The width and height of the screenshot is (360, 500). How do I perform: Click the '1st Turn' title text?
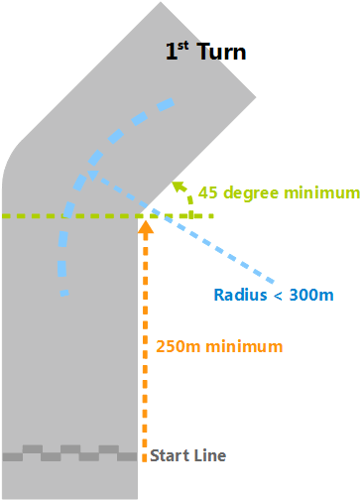pos(205,52)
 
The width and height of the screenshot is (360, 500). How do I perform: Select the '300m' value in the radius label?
pos(310,295)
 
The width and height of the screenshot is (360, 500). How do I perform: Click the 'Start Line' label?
pos(187,456)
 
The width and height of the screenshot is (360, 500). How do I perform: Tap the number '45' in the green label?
pos(208,192)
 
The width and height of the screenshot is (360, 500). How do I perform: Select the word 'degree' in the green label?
pos(249,192)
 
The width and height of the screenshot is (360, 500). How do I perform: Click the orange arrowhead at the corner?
pos(146,228)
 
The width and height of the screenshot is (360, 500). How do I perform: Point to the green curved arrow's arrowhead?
pos(178,186)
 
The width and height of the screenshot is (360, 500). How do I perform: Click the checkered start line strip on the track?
pos(69,453)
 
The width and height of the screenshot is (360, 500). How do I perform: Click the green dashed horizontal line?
pos(60,215)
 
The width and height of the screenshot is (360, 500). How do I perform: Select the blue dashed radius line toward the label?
pos(228,253)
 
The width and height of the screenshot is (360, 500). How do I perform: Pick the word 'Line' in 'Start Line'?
pos(210,456)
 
